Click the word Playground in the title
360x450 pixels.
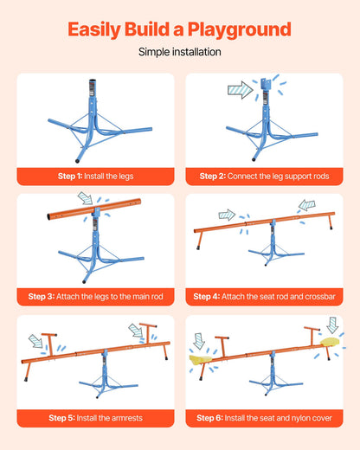(x=240, y=30)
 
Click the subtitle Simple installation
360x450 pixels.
(x=180, y=52)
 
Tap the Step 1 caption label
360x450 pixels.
(x=96, y=177)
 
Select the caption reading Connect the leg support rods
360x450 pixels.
(x=278, y=177)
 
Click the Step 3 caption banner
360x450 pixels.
(x=96, y=297)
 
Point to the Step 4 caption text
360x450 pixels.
(x=264, y=297)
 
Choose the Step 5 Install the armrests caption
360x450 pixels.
(x=96, y=418)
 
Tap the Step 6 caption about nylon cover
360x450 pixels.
(x=264, y=418)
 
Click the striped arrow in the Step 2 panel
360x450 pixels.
(x=241, y=90)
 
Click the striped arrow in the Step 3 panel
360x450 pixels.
(x=86, y=198)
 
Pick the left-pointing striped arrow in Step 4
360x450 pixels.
(x=306, y=205)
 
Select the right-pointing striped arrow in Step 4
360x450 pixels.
(x=227, y=215)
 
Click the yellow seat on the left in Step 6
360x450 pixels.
(x=201, y=359)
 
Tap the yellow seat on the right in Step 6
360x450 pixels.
(x=330, y=342)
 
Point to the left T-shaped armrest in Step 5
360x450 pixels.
(x=49, y=344)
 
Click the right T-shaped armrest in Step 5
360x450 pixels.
(x=148, y=333)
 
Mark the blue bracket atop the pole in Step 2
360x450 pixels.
(x=266, y=84)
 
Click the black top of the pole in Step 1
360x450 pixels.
(x=93, y=81)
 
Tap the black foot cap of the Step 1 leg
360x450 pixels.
(x=77, y=161)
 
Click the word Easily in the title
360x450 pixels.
(x=94, y=30)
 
